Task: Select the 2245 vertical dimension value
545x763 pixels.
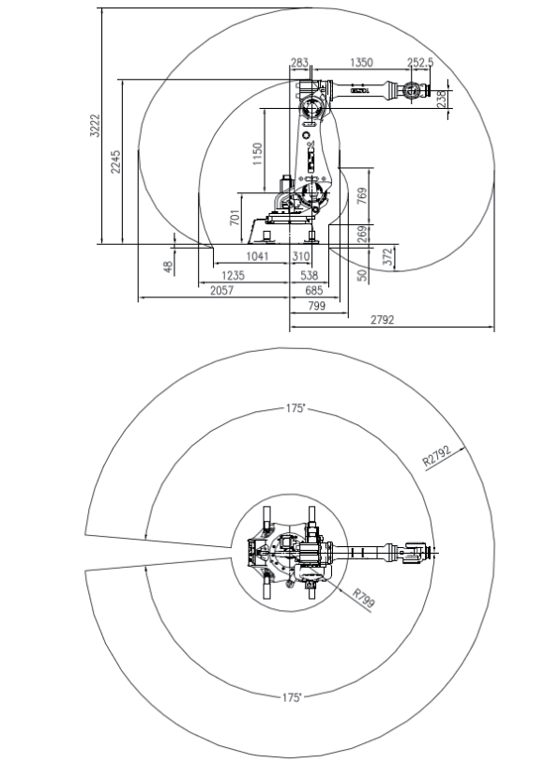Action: pyautogui.click(x=115, y=161)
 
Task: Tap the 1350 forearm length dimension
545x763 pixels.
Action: pyautogui.click(x=361, y=63)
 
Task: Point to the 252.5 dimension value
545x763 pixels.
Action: pyautogui.click(x=420, y=63)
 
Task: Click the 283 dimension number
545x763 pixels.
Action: pyautogui.click(x=299, y=63)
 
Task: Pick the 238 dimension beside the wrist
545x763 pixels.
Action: pyautogui.click(x=442, y=98)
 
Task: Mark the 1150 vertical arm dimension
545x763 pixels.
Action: pyautogui.click(x=257, y=153)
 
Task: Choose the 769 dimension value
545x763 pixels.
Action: pyautogui.click(x=362, y=195)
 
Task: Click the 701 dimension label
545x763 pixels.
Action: pyautogui.click(x=235, y=217)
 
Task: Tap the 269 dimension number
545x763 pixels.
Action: pyautogui.click(x=362, y=234)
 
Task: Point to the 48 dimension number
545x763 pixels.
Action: pyautogui.click(x=169, y=266)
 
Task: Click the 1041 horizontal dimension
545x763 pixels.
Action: pyautogui.click(x=258, y=256)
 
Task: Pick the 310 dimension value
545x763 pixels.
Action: pyautogui.click(x=300, y=256)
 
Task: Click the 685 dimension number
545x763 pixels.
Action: pyautogui.click(x=313, y=291)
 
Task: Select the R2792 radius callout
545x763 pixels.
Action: pyautogui.click(x=438, y=458)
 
